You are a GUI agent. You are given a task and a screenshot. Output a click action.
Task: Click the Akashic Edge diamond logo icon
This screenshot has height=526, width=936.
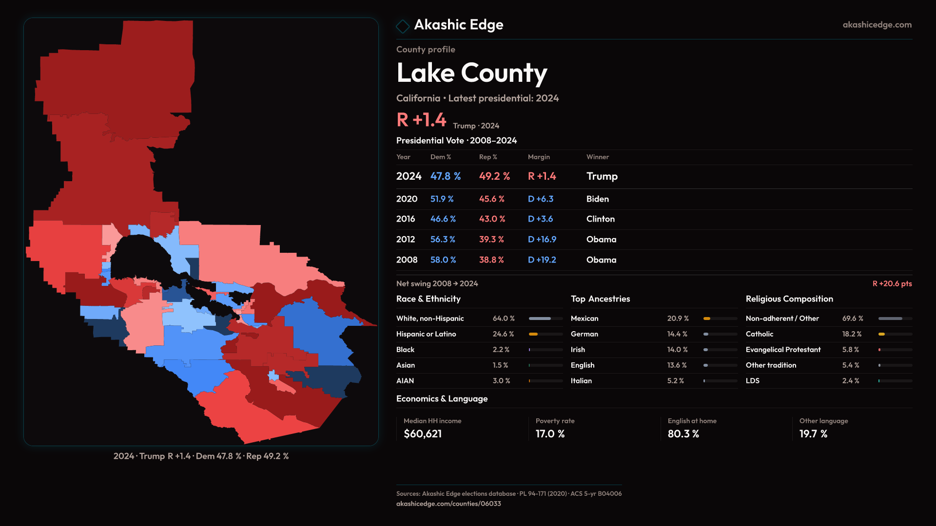(403, 26)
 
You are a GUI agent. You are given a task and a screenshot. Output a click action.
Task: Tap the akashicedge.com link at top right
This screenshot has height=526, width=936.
(877, 25)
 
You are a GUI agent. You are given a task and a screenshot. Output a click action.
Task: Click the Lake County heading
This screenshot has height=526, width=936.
(471, 73)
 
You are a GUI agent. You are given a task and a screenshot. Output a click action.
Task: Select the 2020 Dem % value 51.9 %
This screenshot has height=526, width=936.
(442, 199)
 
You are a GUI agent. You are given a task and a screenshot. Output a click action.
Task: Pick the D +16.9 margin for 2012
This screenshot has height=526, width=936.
(542, 240)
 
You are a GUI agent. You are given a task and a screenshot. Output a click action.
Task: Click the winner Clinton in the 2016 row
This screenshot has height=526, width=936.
(600, 219)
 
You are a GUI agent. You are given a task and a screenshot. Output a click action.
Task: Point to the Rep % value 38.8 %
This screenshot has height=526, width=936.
(491, 260)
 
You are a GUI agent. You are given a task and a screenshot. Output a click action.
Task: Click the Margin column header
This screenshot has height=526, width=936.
(538, 157)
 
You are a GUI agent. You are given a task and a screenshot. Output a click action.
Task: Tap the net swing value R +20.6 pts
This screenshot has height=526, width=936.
(892, 284)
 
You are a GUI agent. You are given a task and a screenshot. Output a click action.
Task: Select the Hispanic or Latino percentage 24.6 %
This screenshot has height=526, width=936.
(503, 334)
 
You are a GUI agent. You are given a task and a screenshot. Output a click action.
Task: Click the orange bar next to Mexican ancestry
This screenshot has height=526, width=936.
(707, 319)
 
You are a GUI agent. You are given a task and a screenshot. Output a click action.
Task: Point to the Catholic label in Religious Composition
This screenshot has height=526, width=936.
(759, 334)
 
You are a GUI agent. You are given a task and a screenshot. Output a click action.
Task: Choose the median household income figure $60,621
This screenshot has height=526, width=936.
(423, 434)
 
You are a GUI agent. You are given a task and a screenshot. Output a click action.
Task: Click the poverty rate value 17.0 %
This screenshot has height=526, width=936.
(550, 434)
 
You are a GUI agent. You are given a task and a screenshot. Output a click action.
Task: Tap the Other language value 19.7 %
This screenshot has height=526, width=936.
(813, 434)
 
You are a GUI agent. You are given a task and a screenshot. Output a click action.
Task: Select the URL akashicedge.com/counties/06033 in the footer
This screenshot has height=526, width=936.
(448, 504)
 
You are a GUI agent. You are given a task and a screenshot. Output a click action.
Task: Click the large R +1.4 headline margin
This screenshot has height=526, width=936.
(421, 120)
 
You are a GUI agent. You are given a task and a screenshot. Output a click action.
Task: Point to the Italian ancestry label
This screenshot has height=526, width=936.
(581, 381)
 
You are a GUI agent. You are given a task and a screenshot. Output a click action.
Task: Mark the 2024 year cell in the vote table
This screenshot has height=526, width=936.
(409, 176)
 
